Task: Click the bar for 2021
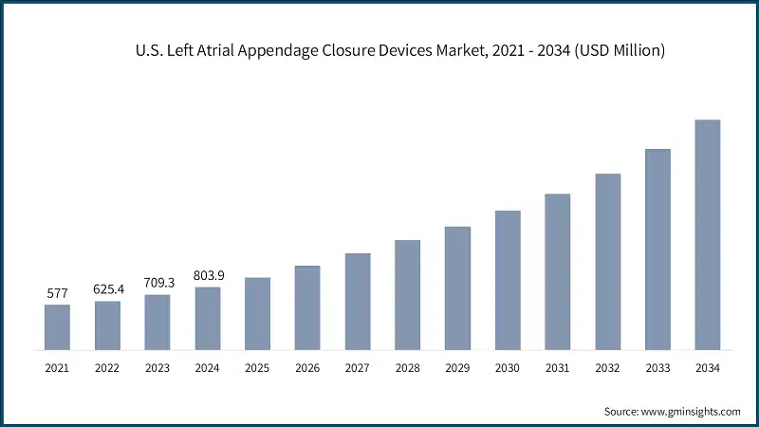(57, 326)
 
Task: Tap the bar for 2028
(408, 294)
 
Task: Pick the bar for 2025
(257, 313)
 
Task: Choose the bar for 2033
(657, 249)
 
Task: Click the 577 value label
(57, 294)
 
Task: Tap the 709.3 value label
(157, 283)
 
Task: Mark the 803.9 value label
(207, 276)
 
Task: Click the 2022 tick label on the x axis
(107, 367)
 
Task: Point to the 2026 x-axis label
(307, 367)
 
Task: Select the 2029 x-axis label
(457, 367)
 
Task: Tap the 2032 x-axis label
(607, 367)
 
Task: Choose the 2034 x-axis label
(708, 367)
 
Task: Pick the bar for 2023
(157, 322)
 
